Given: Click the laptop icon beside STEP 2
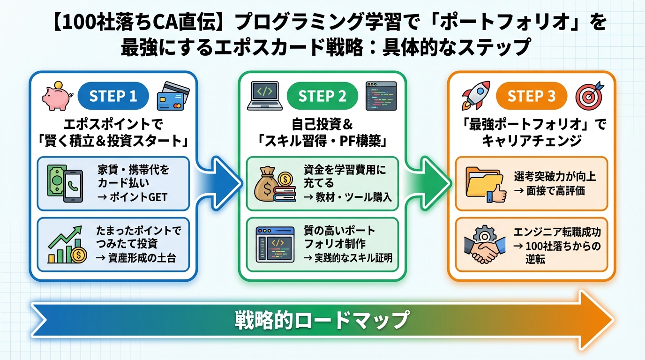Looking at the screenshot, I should click(265, 96).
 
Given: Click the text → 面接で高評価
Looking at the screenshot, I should click(549, 191).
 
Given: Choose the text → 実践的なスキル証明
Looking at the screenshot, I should click(347, 257).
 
